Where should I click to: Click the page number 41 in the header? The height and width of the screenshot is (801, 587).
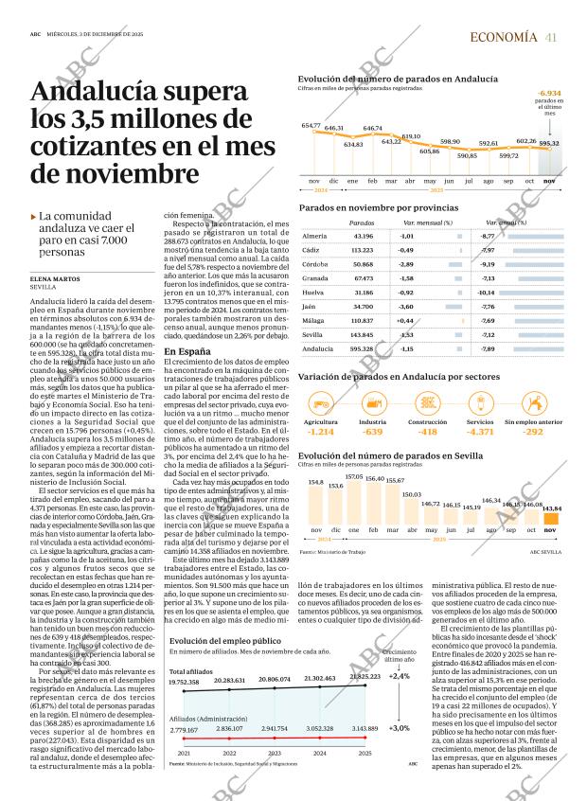coord(551,37)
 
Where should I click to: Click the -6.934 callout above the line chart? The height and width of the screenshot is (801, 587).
coord(548,94)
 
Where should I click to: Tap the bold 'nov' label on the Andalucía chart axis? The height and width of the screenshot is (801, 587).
coord(548,180)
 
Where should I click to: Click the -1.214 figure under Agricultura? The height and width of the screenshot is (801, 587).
coord(320,432)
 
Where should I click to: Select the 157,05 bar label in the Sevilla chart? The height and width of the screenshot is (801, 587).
coord(353,477)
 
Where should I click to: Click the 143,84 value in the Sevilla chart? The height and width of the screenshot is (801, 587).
coord(552,508)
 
